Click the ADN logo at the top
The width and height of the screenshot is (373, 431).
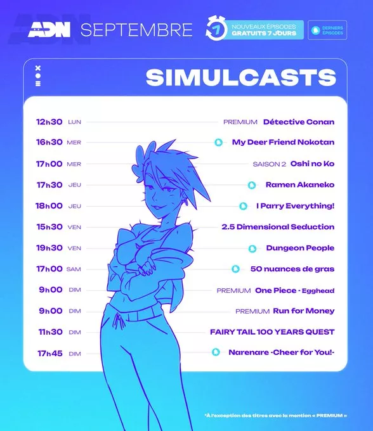coord(49,30)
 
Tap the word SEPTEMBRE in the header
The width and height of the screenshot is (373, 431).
coord(136,30)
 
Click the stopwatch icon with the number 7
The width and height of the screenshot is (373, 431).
coord(216,29)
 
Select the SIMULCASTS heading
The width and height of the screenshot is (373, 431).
coord(241,77)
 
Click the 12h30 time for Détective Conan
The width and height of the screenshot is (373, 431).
coord(49,122)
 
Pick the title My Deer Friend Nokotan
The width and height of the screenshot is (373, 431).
coord(283,142)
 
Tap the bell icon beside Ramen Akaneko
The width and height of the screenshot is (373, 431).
coord(252,185)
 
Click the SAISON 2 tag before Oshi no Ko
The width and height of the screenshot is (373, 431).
coord(270,164)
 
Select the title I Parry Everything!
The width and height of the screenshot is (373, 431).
coord(295,206)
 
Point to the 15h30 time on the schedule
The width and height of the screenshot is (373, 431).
coord(49,227)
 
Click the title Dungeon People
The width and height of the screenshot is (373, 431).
coord(300,248)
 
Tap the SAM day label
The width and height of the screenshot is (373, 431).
coord(74,269)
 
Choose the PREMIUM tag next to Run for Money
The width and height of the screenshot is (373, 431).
coord(252,311)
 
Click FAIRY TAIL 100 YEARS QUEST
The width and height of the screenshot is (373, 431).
coord(272,332)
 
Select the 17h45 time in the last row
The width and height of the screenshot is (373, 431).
coord(50,353)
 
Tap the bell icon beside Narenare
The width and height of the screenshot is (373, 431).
coord(216,352)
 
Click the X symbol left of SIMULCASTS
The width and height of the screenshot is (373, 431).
coord(38,68)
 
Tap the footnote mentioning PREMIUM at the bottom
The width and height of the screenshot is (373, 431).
coord(275,416)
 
